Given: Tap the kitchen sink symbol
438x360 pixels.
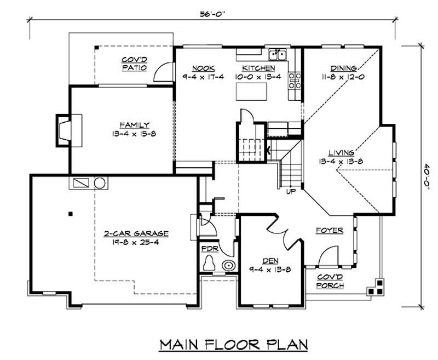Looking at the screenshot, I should (x=279, y=54).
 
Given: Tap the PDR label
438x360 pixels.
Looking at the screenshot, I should (x=210, y=248).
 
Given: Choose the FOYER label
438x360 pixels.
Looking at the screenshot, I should (x=329, y=230).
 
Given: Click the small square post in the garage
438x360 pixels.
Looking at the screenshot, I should (x=71, y=213).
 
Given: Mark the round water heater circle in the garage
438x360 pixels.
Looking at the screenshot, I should (x=100, y=182).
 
